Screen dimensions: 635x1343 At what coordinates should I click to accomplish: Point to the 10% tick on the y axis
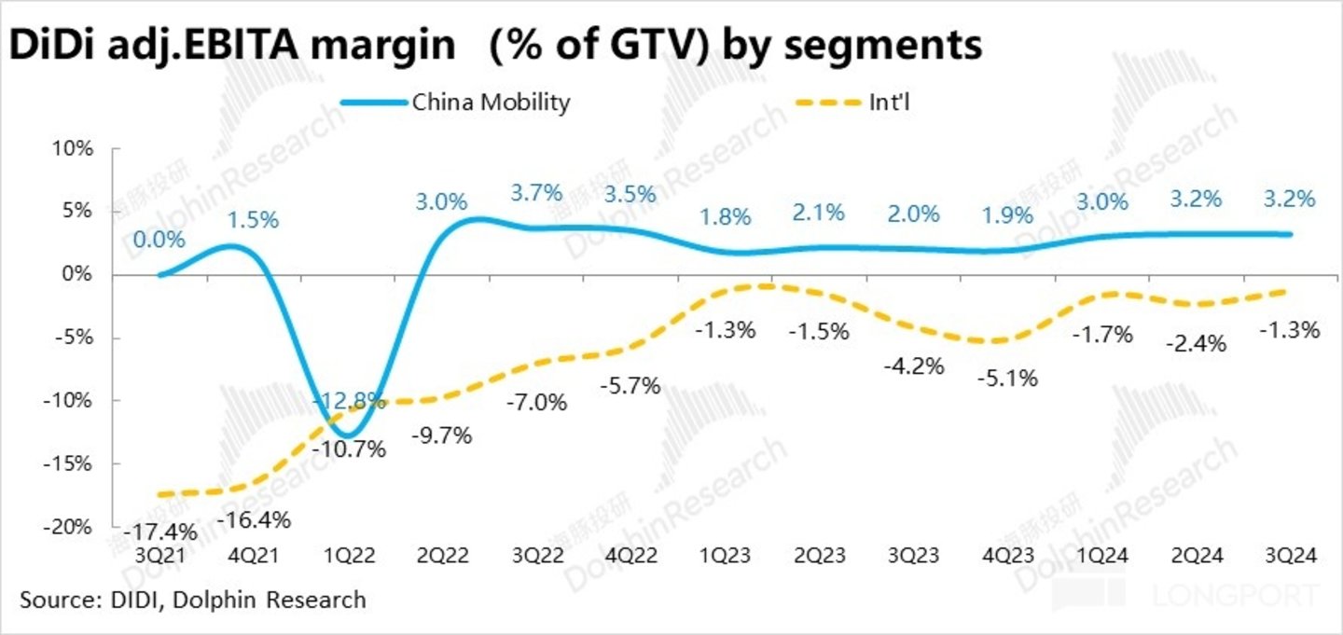[x=74, y=148]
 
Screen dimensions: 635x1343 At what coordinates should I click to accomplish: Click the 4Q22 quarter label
[x=633, y=556]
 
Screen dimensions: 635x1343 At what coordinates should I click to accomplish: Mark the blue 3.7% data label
[x=536, y=193]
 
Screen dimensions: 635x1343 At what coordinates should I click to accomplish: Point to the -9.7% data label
[x=441, y=435]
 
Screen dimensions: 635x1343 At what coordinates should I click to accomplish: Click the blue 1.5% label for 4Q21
[x=255, y=220]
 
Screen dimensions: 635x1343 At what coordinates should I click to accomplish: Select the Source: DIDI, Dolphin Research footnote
[x=193, y=599]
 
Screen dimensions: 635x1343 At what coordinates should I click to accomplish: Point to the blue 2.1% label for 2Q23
[x=818, y=213]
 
